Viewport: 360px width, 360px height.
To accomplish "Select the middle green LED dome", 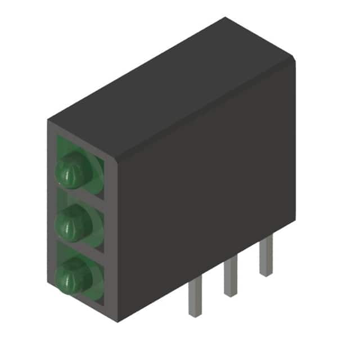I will pos(73,224).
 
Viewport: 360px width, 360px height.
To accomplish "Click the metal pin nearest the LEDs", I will pos(195,298).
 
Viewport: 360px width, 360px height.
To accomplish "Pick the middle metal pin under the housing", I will pos(230,278).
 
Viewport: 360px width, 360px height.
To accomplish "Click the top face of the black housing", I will pos(169,90).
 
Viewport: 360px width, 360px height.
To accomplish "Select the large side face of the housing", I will pos(208,186).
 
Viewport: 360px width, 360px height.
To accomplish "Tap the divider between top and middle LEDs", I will pos(82,197).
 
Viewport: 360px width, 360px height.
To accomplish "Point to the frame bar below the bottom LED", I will pos(84,307).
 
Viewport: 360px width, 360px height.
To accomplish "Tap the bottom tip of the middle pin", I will pos(230,294).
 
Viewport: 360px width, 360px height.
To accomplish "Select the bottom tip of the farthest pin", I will pos(265,273).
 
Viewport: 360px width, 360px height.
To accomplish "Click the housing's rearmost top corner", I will pos(225,18).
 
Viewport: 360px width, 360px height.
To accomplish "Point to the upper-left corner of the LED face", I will pos(48,120).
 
